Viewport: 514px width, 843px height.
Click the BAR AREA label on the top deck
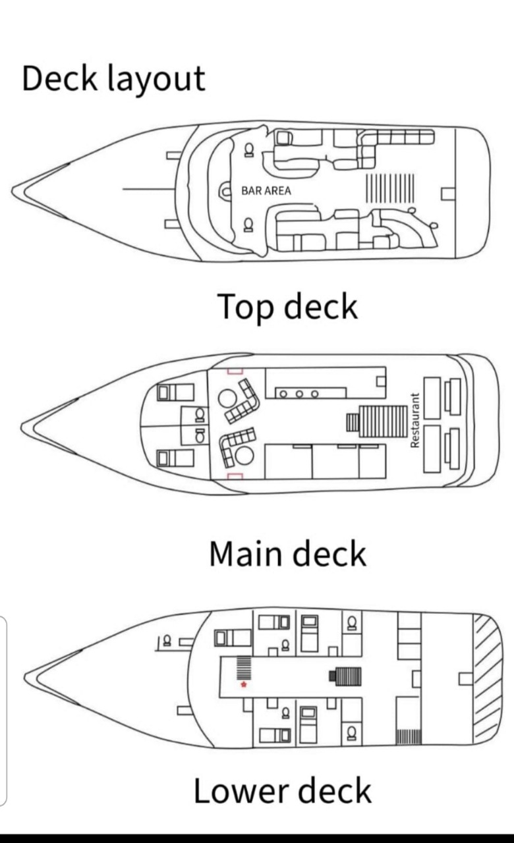click(266, 190)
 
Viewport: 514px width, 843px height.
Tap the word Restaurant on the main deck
click(415, 420)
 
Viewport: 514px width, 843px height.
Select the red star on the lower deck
click(244, 685)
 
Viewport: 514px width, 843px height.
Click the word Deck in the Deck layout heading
click(59, 78)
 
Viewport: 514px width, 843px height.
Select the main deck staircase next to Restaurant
click(384, 421)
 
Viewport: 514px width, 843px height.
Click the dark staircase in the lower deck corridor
click(349, 675)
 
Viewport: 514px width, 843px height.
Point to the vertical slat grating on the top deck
click(389, 186)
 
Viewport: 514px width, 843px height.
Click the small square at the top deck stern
click(448, 192)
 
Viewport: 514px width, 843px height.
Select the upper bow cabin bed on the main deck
click(175, 393)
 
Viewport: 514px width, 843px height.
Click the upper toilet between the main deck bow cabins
click(199, 415)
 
